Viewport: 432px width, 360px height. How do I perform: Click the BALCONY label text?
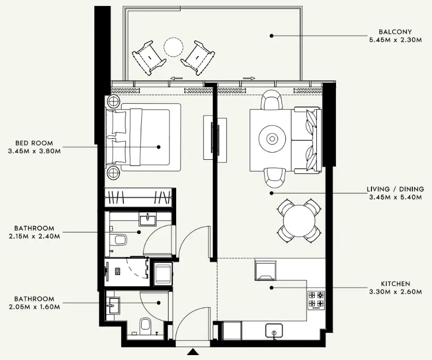pos(395,32)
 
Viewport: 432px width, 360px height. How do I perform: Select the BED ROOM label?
pos(34,143)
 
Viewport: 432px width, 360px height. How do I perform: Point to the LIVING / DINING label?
pos(395,189)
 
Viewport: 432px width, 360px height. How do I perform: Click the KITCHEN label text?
pos(395,284)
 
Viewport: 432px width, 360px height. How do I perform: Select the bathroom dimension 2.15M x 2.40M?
pos(34,236)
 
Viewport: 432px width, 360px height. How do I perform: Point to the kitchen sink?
pos(273,331)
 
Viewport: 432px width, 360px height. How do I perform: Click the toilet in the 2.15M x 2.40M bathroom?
pos(118,240)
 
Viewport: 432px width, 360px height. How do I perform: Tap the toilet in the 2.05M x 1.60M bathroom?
pos(146,326)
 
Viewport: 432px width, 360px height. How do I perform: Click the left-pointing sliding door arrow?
pos(176,79)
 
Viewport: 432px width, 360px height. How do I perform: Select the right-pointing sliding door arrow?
pos(249,79)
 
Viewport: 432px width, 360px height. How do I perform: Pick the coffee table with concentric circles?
pos(271,138)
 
